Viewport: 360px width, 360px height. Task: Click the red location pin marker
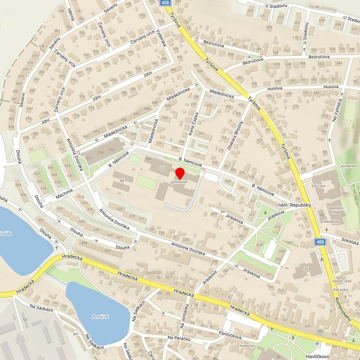click(x=180, y=174)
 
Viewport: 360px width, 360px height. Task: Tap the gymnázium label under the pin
click(x=180, y=182)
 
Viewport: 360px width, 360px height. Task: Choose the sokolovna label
click(x=331, y=221)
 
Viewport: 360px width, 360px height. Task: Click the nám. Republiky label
click(x=295, y=205)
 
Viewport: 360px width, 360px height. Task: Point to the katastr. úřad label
click(x=341, y=282)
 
